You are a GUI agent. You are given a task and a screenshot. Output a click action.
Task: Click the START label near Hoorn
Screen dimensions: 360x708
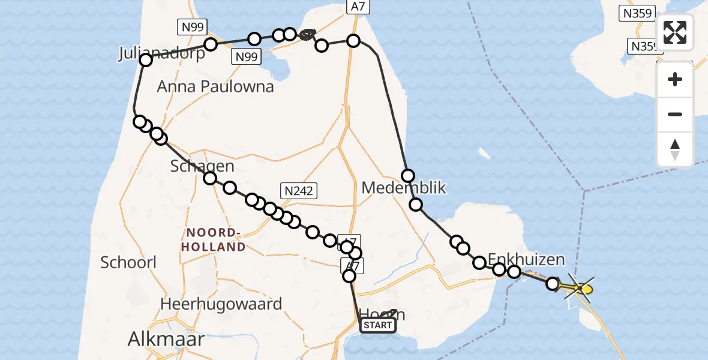[x=377, y=326]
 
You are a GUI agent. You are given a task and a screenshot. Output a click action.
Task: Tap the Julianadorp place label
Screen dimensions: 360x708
[x=161, y=53]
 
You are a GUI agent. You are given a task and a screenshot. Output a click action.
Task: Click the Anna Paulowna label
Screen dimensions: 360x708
[x=215, y=86]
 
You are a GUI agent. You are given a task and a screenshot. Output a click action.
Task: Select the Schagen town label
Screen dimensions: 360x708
[x=202, y=166]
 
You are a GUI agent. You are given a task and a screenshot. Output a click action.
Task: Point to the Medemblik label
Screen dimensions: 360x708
[x=404, y=188]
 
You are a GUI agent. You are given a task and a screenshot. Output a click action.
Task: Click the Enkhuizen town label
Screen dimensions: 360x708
[x=526, y=260]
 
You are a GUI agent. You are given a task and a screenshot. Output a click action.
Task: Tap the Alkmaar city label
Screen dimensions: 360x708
[x=166, y=340]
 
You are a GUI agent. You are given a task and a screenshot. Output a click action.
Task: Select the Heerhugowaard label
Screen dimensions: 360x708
[x=221, y=304]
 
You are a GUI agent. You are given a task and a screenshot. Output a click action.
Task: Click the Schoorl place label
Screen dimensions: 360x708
[x=128, y=262]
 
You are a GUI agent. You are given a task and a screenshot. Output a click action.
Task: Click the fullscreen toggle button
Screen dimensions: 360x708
[x=675, y=32]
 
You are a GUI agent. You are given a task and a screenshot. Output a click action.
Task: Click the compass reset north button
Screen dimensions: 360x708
[x=675, y=149]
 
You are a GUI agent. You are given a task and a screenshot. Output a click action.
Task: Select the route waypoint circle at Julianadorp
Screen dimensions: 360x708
[x=146, y=60]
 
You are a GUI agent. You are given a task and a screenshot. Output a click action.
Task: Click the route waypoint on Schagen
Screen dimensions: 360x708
[x=210, y=178]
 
